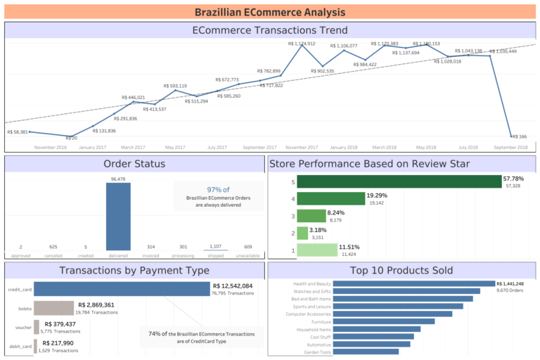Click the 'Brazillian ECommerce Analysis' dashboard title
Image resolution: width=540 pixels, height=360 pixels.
[x=270, y=12]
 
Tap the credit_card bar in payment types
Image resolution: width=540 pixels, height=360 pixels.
[x=122, y=289]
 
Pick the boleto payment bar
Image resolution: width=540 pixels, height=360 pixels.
[x=54, y=308]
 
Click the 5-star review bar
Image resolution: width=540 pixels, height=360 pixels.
[x=398, y=181]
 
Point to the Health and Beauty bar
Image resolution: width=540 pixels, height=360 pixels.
[x=413, y=284]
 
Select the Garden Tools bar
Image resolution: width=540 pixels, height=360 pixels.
[x=366, y=352]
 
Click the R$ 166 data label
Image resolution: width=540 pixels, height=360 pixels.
[x=520, y=136]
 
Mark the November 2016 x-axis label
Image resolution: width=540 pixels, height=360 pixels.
[x=51, y=148]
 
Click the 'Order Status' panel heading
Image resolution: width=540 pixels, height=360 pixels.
[x=134, y=164]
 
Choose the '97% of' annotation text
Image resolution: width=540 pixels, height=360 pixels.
[x=218, y=190]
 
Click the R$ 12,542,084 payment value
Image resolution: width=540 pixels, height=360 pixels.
[x=233, y=286]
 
